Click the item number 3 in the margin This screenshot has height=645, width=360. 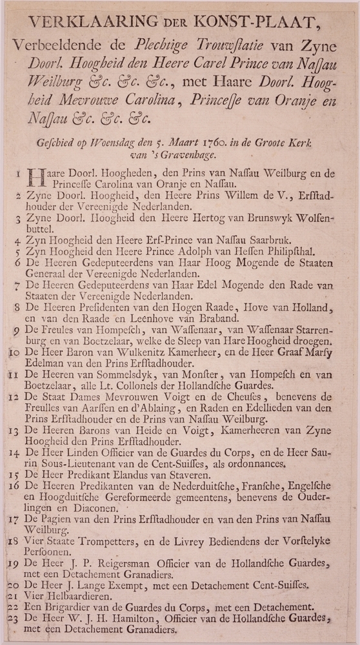(x=19, y=220)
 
